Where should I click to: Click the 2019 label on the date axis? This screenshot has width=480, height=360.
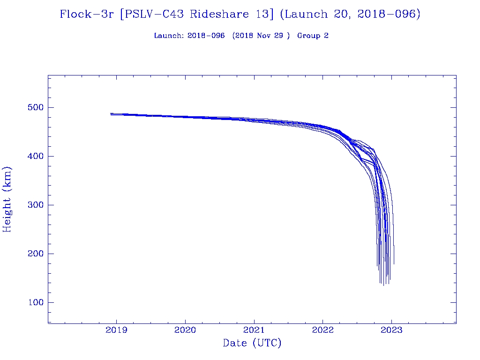pos(116,330)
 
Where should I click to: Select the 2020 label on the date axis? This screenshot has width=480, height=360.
pos(185,330)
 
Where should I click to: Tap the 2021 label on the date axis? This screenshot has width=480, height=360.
pos(254,330)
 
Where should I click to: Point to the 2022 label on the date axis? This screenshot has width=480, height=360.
pos(322,330)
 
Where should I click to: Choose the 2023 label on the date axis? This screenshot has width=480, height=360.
pos(391,330)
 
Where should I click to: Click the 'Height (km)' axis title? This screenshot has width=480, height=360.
pos(7,199)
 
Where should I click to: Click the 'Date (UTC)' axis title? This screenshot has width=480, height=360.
pos(252,344)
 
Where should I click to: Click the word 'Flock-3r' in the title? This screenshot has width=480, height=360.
pos(87,15)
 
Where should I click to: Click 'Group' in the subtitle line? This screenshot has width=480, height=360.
pos(306,36)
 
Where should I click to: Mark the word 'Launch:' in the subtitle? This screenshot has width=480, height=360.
pos(169,36)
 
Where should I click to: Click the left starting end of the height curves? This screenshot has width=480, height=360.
pos(111,114)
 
